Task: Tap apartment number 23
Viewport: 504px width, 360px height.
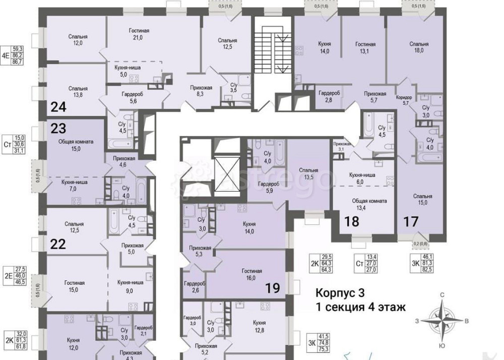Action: [58, 128]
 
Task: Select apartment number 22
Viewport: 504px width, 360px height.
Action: [58, 245]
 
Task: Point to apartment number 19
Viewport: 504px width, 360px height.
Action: [273, 288]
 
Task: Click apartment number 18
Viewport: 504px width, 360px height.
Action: [351, 220]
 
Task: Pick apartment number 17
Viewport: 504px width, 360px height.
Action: [411, 220]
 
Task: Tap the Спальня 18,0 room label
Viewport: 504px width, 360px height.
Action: [419, 47]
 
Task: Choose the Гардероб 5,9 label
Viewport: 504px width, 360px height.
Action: [266, 187]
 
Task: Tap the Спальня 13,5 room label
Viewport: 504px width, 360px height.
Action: [307, 173]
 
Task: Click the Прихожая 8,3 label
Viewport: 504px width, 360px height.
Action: [201, 91]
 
